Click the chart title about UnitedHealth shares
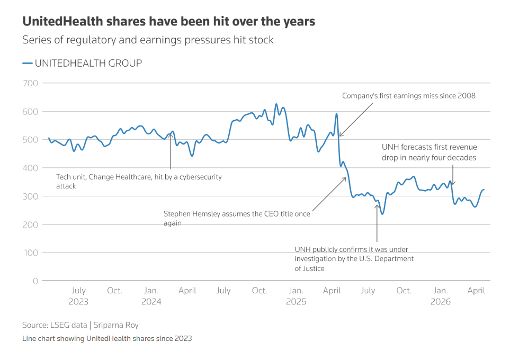coord(168,22)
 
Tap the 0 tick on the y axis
coord(35,281)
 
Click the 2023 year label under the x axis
coord(78,302)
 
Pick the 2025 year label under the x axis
coord(296,302)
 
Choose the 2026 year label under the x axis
coord(441,302)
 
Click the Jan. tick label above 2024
coord(151,291)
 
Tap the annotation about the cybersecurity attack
coord(139,182)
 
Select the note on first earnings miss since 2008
coord(409,96)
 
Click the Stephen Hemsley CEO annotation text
coord(237,219)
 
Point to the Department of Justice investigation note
coord(354,259)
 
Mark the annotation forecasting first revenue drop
coord(429,152)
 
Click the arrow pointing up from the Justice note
coord(377,222)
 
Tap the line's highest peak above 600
coord(276,104)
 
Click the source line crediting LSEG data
coord(80,325)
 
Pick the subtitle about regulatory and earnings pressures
coord(148,40)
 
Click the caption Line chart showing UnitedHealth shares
coord(107,338)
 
